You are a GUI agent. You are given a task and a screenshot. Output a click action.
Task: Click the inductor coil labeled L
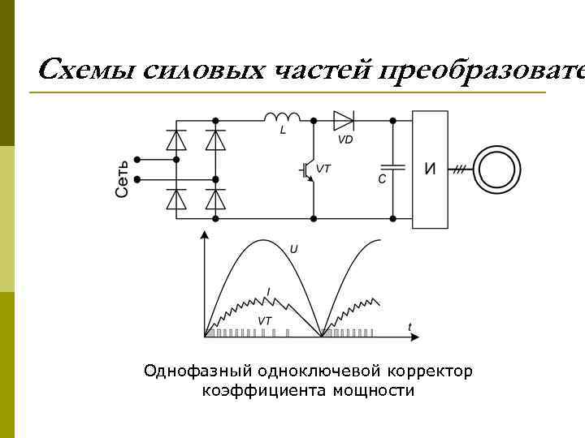(x=281, y=118)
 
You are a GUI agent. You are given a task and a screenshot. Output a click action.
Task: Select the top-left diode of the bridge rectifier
(x=175, y=140)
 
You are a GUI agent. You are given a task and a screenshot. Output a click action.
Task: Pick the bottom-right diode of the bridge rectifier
(x=214, y=200)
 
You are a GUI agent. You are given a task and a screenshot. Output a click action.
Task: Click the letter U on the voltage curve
(x=293, y=248)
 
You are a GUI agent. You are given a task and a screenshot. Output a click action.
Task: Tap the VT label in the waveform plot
(x=264, y=321)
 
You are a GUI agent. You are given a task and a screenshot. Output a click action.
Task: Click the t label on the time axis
(x=409, y=327)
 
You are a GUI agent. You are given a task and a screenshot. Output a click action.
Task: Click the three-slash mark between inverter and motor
(x=460, y=170)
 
